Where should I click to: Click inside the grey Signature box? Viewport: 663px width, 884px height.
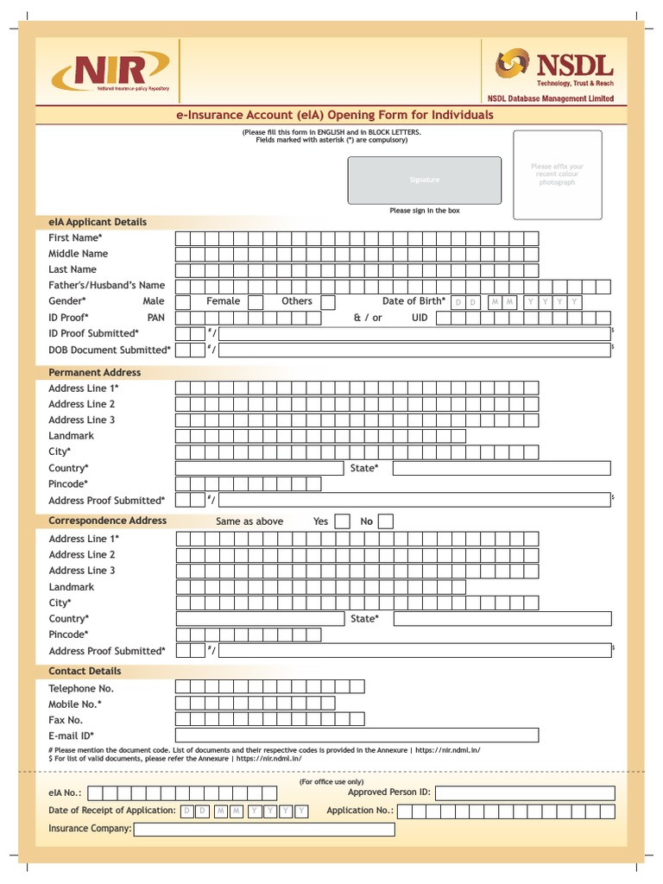pos(424,180)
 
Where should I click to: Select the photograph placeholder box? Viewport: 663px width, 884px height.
pos(557,174)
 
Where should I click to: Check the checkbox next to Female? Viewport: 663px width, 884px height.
pos(256,301)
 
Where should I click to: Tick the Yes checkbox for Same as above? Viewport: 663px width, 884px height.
pos(343,521)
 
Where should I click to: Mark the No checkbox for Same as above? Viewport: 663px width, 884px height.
pos(386,521)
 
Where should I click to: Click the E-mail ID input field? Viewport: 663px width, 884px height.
pos(357,736)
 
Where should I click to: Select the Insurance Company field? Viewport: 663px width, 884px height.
pos(264,829)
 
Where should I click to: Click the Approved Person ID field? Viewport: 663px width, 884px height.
pos(525,792)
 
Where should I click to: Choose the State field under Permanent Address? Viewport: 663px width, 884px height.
pos(502,468)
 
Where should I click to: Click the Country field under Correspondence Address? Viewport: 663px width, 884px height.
pos(260,619)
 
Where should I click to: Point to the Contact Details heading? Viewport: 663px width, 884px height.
pos(85,671)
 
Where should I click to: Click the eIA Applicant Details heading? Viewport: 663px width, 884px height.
pos(98,222)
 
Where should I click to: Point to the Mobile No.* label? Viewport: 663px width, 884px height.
pos(75,704)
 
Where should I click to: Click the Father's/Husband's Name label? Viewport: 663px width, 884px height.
pos(106,285)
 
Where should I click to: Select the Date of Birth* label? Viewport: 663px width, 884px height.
pos(414,301)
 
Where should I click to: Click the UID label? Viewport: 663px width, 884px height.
pos(420,318)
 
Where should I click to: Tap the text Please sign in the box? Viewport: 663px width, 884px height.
pos(425,211)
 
